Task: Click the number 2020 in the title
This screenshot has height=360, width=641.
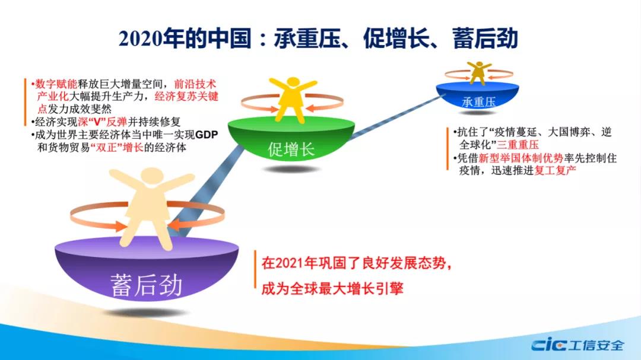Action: [x=140, y=39]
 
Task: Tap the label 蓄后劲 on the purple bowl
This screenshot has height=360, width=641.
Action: [x=146, y=285]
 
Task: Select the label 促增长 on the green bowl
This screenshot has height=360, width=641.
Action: [x=291, y=149]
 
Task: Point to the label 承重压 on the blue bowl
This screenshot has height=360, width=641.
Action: [x=478, y=101]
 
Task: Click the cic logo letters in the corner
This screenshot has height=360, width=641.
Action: [x=548, y=345]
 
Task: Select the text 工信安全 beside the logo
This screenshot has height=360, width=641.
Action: [x=596, y=345]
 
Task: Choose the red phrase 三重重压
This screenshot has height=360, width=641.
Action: [x=518, y=144]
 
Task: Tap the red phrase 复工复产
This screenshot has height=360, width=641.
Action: [x=555, y=170]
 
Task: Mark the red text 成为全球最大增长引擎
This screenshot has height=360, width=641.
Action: [x=332, y=288]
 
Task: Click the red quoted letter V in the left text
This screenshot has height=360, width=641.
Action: [x=98, y=122]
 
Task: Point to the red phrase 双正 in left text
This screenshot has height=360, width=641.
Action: [x=106, y=147]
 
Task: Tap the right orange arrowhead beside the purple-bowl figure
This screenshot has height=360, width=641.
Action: [x=174, y=226]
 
